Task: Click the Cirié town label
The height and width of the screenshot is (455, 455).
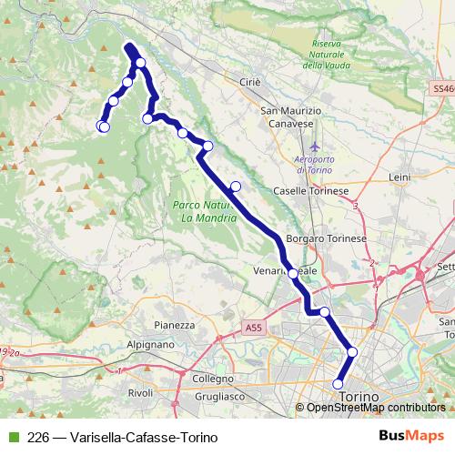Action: point(250,82)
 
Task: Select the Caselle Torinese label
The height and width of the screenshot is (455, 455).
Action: point(311,191)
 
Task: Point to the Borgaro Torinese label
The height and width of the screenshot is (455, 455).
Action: point(326,238)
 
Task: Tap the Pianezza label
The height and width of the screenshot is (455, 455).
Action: point(175,324)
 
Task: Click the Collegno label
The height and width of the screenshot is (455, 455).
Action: point(213,378)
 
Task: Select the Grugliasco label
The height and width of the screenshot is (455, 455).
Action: point(222,397)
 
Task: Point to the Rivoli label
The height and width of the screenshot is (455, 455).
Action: point(141,392)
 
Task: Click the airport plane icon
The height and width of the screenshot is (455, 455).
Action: point(315,146)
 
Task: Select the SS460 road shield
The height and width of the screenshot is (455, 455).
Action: point(443,89)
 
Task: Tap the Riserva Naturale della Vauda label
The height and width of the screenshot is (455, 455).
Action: point(326,54)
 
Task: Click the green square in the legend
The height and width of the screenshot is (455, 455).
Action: point(13,436)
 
